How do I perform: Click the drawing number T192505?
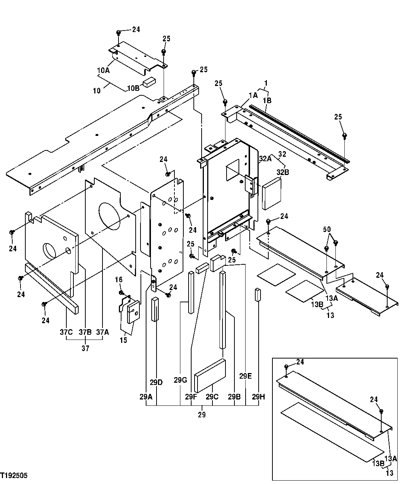coord(14,475)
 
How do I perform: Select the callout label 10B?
coord(133,88)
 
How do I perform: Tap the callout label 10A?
coord(104,70)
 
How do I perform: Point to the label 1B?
coord(267,101)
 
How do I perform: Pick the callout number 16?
coord(118,280)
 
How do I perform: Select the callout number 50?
coord(327,229)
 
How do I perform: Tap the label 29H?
coord(258,397)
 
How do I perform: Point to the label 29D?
coord(156,382)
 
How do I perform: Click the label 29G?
coord(180,380)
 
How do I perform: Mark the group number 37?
coord(85,348)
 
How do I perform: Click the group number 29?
coord(202,414)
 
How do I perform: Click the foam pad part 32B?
coord(272,193)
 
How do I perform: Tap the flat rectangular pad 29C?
coord(210,375)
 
